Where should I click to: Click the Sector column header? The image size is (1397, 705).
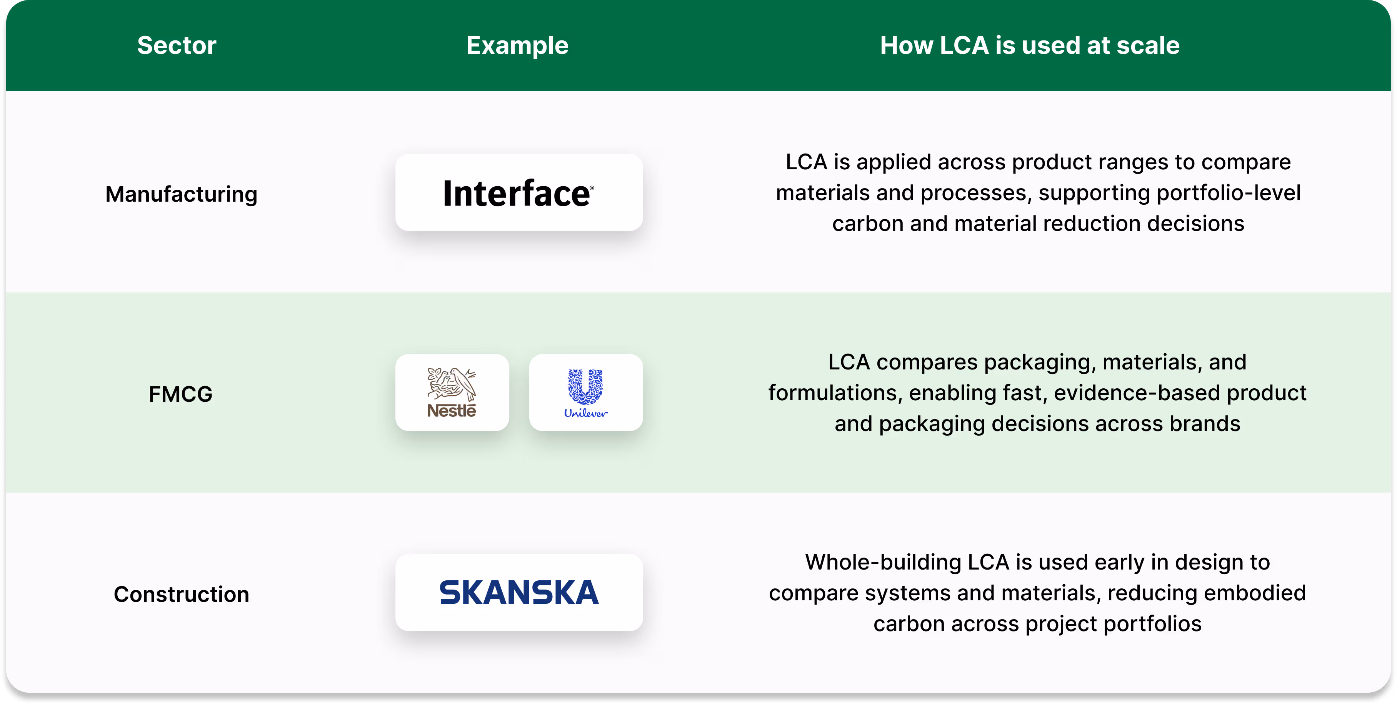(x=177, y=45)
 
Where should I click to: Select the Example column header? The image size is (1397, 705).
(x=517, y=45)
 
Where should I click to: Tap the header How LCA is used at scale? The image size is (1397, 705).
(x=1030, y=45)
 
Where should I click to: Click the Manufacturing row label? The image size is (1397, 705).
(x=181, y=194)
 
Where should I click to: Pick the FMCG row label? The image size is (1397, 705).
(x=181, y=394)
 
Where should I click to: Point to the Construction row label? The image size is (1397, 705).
(x=181, y=594)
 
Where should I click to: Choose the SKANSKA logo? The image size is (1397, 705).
(x=519, y=592)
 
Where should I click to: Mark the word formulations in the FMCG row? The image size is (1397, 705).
(x=835, y=393)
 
